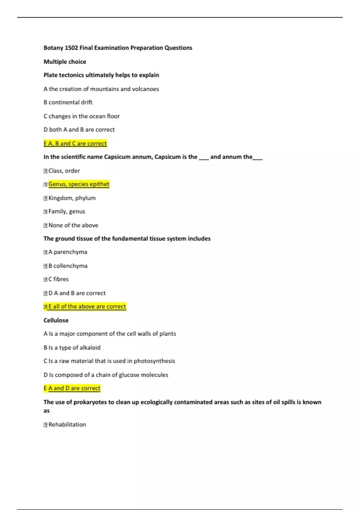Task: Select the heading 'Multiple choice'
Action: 65,62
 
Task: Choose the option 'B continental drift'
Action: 68,103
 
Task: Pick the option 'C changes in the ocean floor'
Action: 82,116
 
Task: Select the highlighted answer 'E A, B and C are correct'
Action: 75,144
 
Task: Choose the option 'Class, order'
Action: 64,171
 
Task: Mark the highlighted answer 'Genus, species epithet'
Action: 79,184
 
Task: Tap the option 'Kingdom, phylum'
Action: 72,198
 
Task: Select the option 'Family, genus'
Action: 67,212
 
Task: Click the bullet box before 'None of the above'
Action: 46,226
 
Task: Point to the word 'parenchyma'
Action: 70,252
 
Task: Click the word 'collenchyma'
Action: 70,266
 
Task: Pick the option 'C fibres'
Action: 58,279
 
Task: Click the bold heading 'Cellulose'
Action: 56,320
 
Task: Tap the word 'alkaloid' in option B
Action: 90,348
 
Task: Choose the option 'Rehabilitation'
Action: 67,425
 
